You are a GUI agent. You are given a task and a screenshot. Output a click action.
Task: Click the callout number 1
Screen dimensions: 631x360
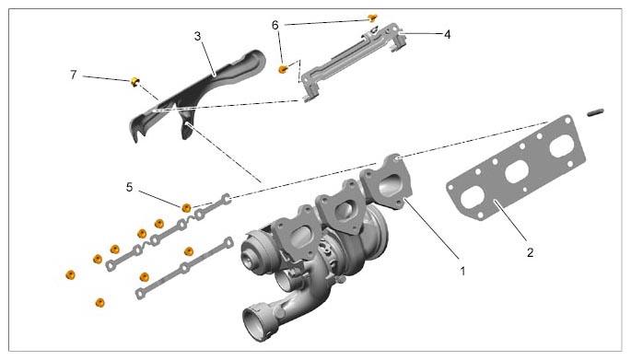tap(462, 271)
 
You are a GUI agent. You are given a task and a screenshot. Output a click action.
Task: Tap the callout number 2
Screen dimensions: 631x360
tap(531, 252)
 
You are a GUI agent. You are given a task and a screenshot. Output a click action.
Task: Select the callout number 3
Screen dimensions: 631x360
tap(197, 36)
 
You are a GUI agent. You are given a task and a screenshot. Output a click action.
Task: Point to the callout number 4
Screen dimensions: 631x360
tap(447, 35)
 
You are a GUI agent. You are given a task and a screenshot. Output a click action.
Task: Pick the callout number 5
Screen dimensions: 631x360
tap(129, 187)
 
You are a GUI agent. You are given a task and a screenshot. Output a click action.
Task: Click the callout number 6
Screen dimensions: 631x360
tap(275, 26)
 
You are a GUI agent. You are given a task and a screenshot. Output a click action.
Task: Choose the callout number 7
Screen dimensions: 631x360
tap(74, 75)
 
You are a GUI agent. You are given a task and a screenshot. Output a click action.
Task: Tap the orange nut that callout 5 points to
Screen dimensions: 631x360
tap(186, 207)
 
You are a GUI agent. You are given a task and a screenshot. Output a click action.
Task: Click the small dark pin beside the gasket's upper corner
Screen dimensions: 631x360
tap(595, 112)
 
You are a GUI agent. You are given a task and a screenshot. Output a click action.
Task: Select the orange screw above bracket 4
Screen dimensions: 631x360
tap(373, 17)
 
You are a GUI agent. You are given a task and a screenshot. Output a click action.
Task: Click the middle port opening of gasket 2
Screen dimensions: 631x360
tap(516, 172)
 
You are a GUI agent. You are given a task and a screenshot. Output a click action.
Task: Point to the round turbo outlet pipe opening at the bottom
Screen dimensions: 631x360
tap(255, 321)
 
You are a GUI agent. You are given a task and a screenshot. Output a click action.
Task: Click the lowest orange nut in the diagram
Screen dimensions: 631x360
tap(99, 302)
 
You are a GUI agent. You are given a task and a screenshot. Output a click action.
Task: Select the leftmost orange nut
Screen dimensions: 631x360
tap(70, 274)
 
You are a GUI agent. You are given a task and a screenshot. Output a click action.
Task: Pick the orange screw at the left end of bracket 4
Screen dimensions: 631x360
tap(284, 69)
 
